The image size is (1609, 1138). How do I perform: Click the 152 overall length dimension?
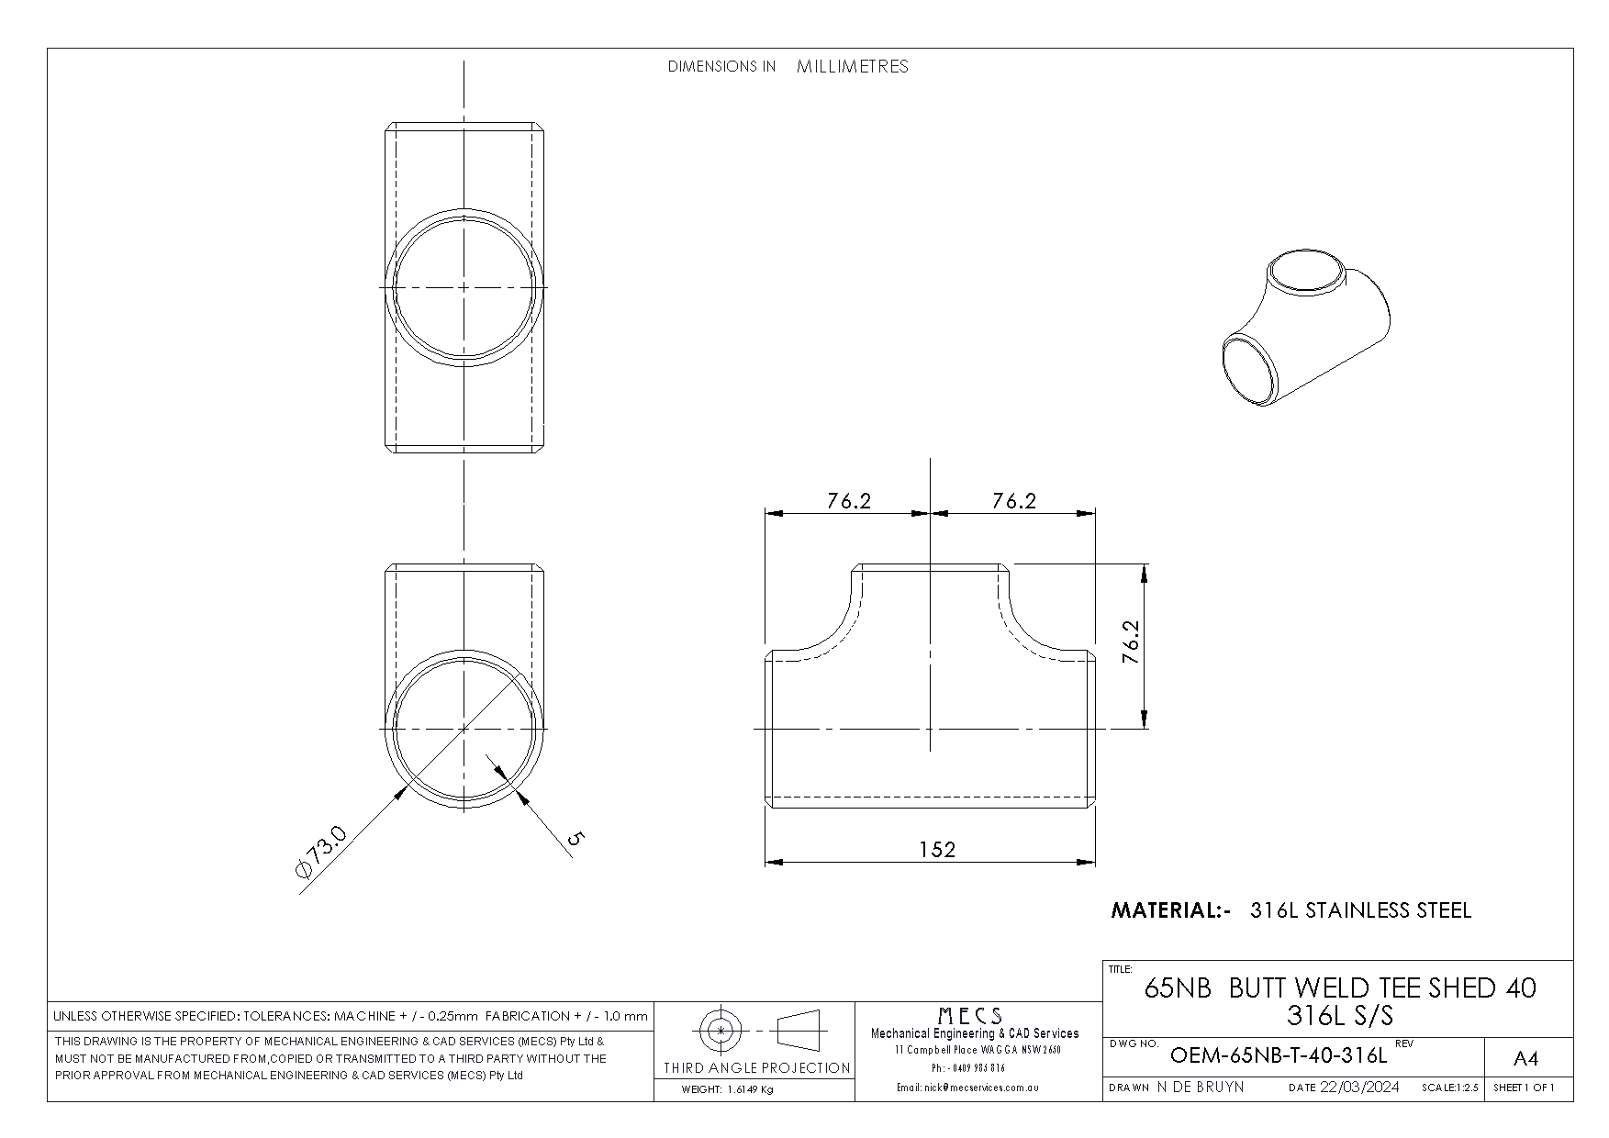pos(937,849)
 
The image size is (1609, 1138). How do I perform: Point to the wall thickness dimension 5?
pos(575,837)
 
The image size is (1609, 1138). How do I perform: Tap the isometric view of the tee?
pos(1306,330)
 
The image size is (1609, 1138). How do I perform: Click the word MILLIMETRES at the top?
pos(853,66)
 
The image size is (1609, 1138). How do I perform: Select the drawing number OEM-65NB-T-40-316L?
pos(1279,1055)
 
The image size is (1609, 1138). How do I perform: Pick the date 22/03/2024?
pos(1359,1087)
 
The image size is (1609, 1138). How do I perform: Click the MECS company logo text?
pos(969,1016)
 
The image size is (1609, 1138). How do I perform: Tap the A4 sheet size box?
pos(1525,1059)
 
